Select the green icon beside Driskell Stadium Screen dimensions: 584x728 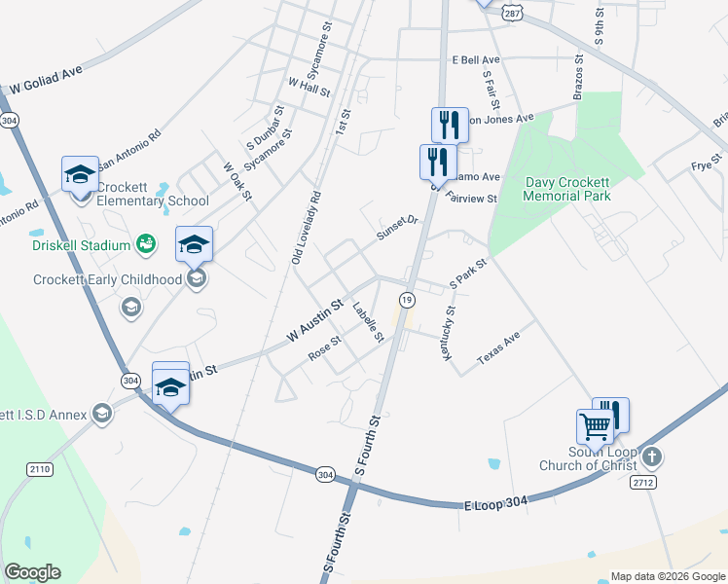click(146, 242)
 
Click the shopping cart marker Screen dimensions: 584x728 click(595, 425)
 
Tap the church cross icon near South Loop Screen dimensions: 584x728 click(652, 456)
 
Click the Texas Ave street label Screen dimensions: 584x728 click(499, 353)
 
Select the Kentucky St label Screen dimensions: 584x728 click(448, 334)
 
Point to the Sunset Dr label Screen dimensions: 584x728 click(396, 228)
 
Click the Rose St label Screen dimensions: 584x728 click(324, 347)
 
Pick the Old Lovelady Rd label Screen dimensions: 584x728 click(305, 227)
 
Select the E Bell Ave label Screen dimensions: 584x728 click(476, 60)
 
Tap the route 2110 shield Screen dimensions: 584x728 click(40, 469)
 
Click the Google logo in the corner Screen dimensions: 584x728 click(32, 572)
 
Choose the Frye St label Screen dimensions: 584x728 click(707, 163)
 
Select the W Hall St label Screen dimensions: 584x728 click(309, 87)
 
